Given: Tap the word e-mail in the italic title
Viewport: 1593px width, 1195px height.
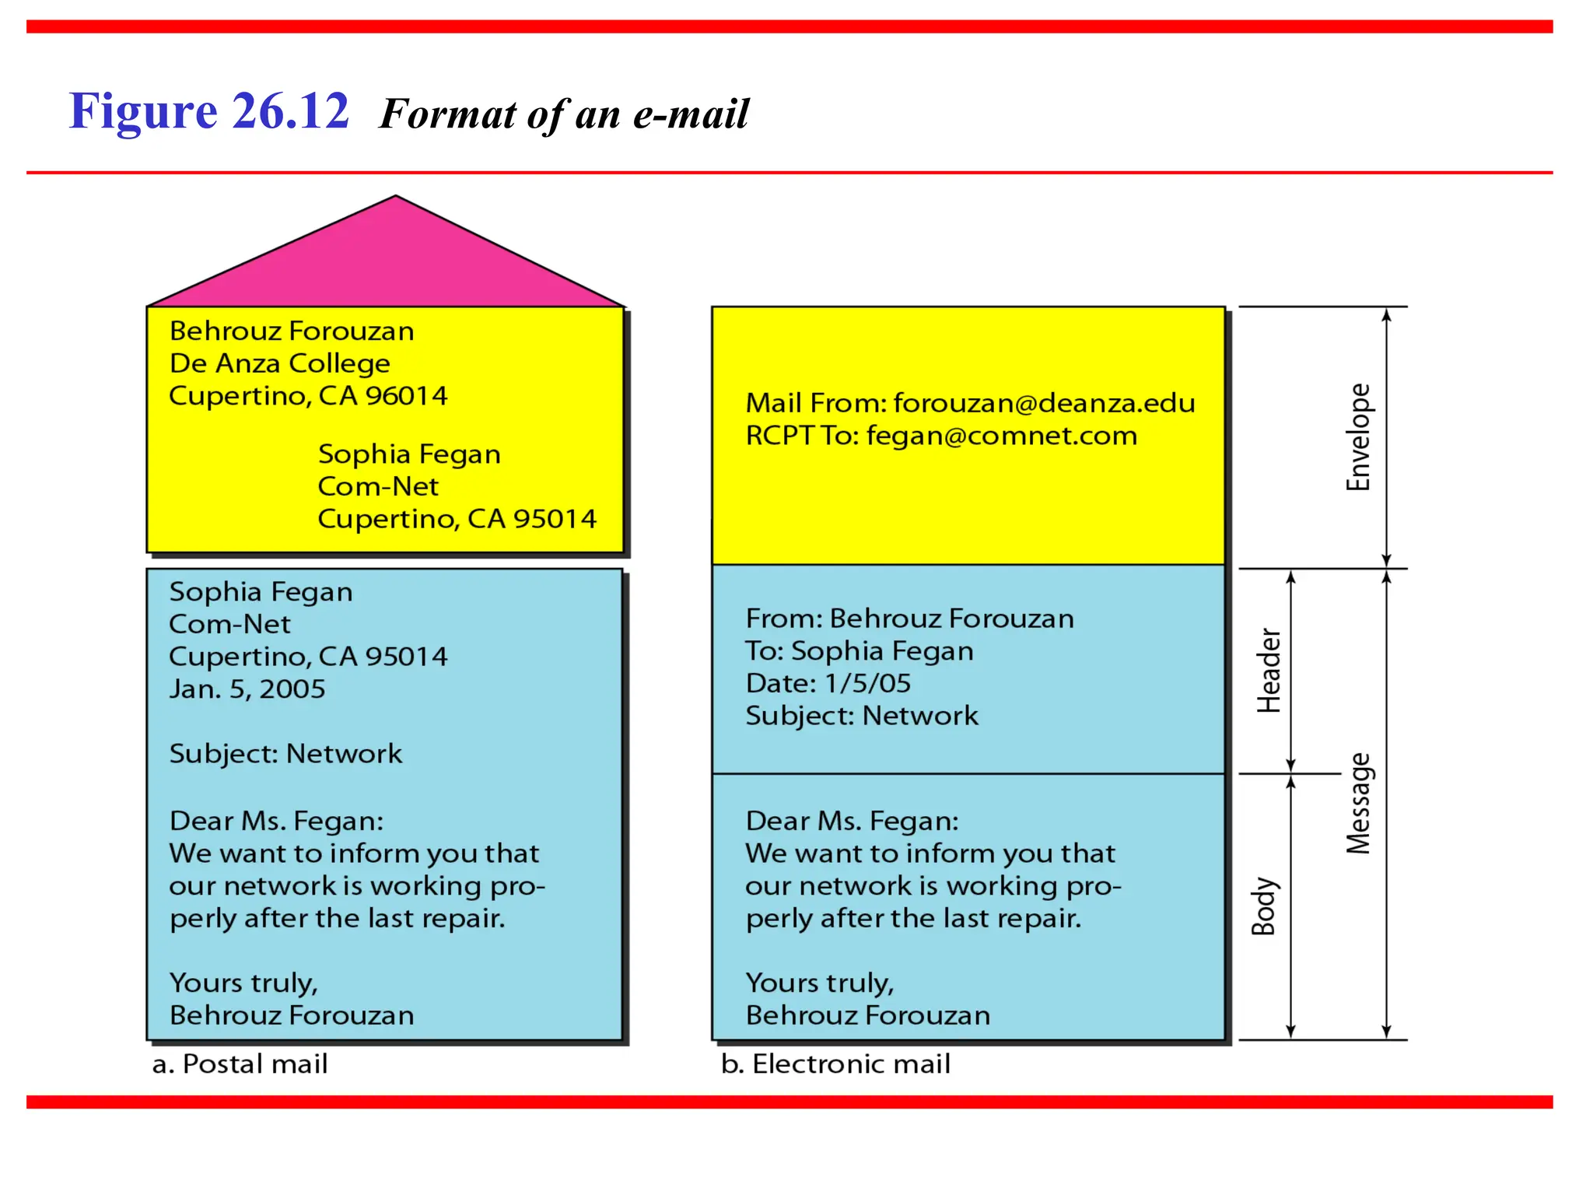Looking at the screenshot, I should [x=691, y=114].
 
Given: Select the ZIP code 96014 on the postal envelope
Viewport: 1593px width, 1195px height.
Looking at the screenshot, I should [x=407, y=396].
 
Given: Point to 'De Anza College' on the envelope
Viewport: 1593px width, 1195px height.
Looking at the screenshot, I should [x=280, y=363].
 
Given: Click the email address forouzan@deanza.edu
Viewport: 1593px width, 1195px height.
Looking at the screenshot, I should [x=1044, y=403].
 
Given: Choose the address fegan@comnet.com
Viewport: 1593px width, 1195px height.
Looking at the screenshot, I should [x=1002, y=436].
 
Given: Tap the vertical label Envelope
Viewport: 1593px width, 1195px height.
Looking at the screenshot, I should [x=1358, y=437].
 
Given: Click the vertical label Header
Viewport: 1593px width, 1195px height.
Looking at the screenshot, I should [x=1269, y=671].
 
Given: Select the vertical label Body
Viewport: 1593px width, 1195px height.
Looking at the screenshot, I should [x=1263, y=906].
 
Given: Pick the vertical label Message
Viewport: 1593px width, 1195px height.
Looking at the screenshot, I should [x=1358, y=804].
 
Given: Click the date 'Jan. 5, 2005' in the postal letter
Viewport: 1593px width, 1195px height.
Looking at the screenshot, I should [x=247, y=689].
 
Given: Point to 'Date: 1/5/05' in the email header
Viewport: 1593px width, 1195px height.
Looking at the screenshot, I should [x=828, y=683].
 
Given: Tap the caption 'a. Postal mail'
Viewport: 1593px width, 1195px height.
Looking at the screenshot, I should [x=240, y=1064].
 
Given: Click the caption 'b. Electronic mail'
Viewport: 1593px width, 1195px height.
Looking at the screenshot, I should [x=835, y=1064].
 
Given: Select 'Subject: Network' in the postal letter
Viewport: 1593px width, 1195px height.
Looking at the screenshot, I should [x=285, y=754].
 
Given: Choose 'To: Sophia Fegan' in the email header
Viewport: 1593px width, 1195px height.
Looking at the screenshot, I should [x=859, y=651].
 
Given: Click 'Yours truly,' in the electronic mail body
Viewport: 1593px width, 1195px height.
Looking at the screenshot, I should [x=819, y=983].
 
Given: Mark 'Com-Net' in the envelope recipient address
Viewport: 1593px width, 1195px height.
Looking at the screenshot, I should [x=378, y=487].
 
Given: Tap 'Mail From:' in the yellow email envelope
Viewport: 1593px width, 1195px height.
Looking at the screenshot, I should [x=816, y=403].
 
